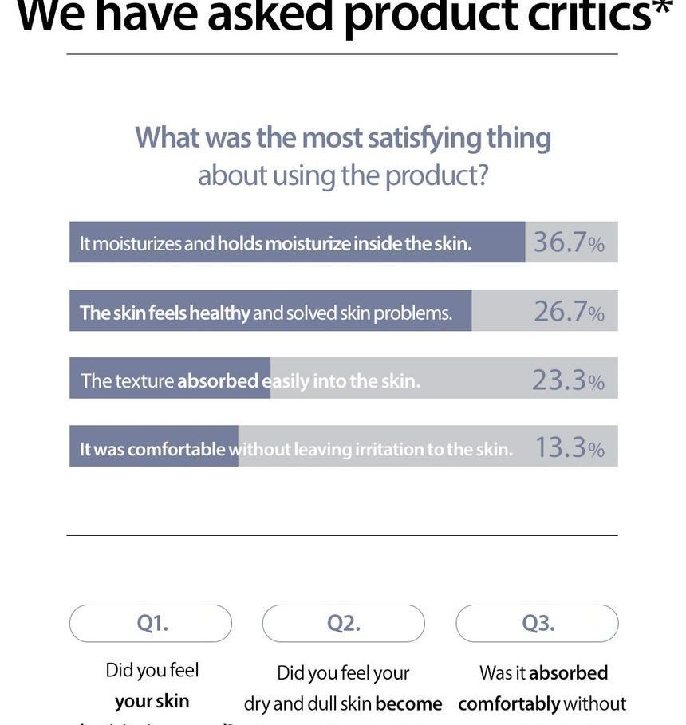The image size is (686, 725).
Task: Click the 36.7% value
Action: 568,242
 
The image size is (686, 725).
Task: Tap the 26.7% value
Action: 568,312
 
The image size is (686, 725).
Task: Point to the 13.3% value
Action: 568,448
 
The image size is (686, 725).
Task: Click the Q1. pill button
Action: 151,623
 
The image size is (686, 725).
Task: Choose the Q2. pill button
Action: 344,623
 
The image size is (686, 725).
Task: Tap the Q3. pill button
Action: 538,623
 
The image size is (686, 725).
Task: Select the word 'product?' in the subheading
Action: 436,175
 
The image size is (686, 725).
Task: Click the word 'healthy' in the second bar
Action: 220,313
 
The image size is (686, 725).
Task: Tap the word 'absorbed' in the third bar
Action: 217,381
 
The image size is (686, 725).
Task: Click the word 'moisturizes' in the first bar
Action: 136,243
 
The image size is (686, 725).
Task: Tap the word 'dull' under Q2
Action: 325,704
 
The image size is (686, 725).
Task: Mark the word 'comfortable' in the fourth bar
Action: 175,449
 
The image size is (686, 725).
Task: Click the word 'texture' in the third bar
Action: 144,381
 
